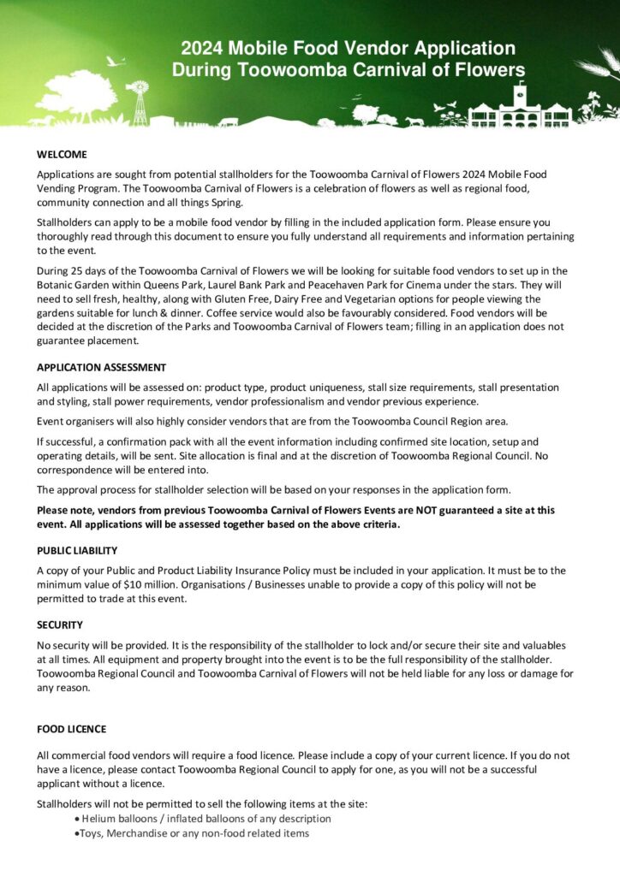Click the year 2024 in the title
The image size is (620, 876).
point(201,49)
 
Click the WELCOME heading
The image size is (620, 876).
point(62,155)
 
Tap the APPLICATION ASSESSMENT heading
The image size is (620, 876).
point(101,367)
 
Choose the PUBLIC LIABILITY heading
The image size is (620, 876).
point(77,550)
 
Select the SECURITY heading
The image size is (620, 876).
point(60,624)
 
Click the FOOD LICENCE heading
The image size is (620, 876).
point(71,729)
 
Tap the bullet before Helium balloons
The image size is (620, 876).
point(78,819)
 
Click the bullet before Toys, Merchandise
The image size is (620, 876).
point(78,833)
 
